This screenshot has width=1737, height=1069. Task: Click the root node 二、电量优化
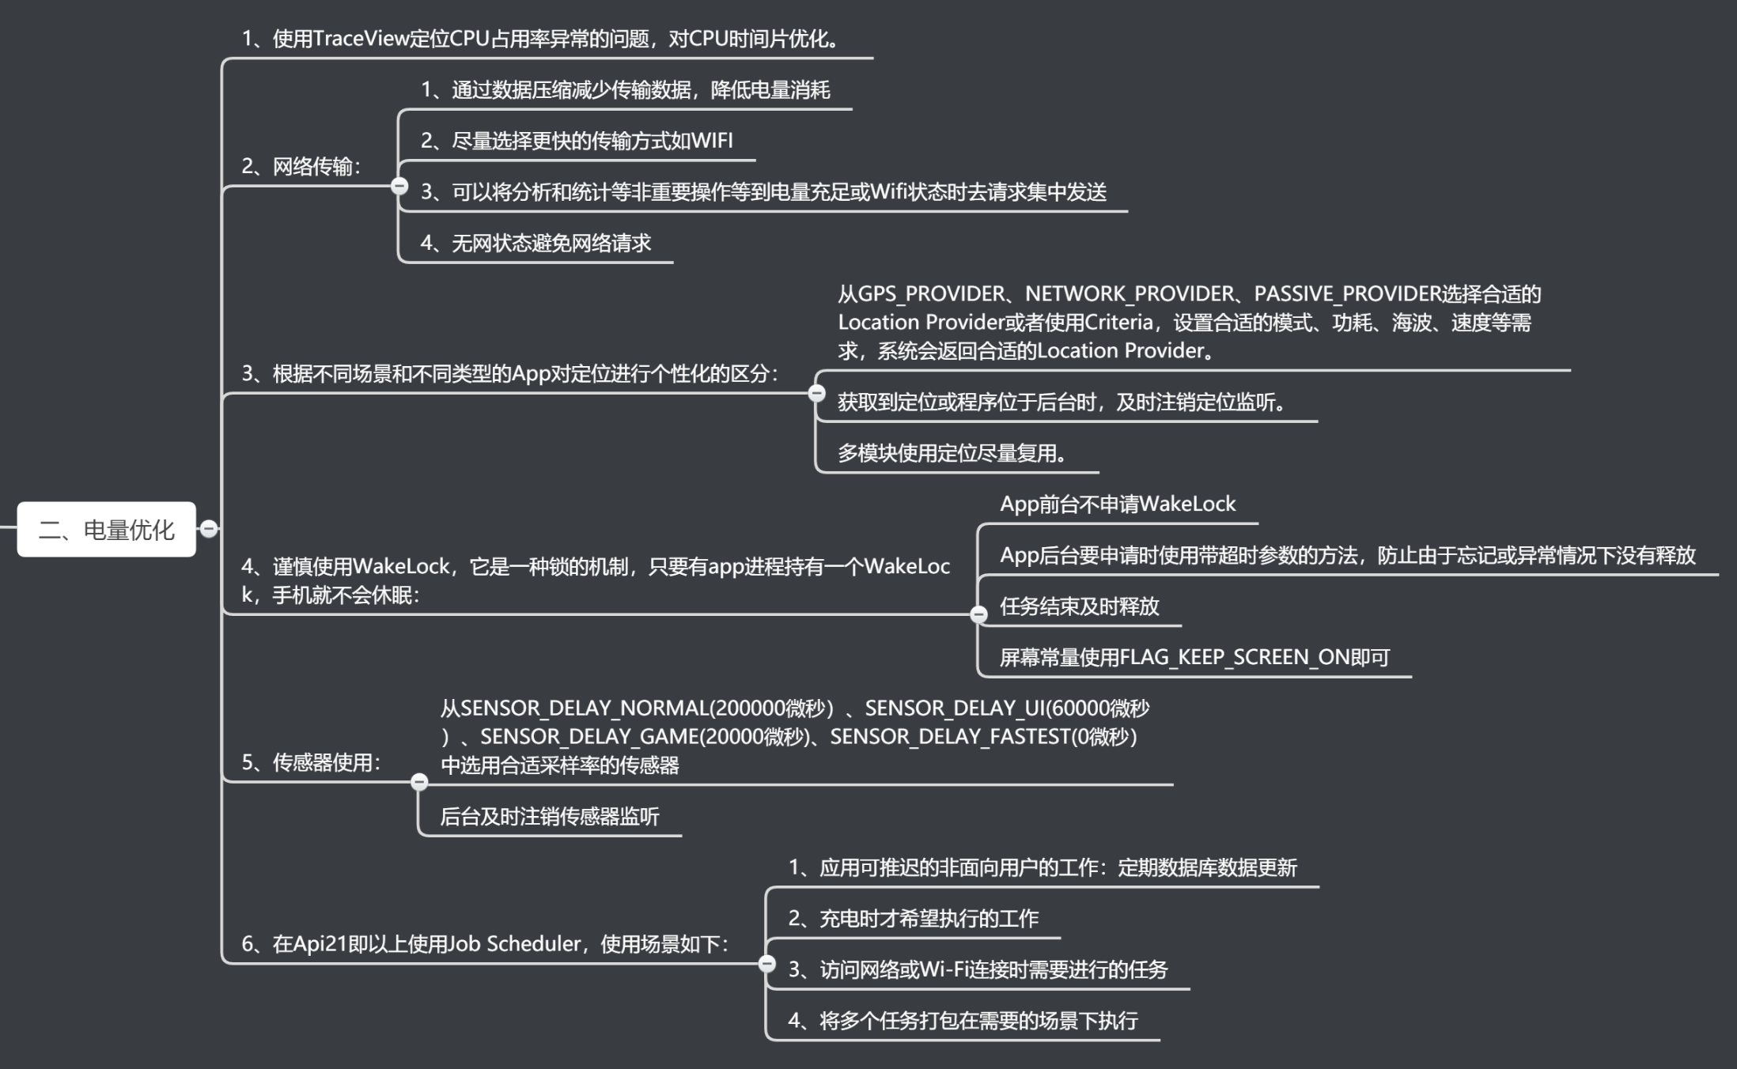click(107, 529)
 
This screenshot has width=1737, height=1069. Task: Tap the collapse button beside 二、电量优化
click(209, 529)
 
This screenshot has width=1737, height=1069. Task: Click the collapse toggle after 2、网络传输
click(399, 186)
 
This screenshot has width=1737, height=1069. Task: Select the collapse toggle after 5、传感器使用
click(419, 782)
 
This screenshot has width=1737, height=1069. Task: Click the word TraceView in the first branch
click(361, 39)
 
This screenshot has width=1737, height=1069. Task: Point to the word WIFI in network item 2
click(712, 141)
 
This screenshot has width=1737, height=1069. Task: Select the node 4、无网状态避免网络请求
click(535, 243)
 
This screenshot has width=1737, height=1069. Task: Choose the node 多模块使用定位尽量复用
click(952, 453)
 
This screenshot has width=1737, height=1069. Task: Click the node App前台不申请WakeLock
click(1117, 504)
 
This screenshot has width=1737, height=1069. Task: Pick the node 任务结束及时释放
click(1079, 606)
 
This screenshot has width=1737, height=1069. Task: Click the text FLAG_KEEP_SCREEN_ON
click(1234, 657)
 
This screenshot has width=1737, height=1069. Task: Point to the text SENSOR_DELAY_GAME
click(589, 737)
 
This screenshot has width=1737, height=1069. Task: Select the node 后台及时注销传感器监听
click(550, 816)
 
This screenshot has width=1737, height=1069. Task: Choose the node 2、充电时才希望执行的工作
click(913, 918)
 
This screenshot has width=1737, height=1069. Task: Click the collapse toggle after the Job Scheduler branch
click(766, 963)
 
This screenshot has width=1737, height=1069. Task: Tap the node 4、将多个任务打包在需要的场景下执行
click(963, 1020)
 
